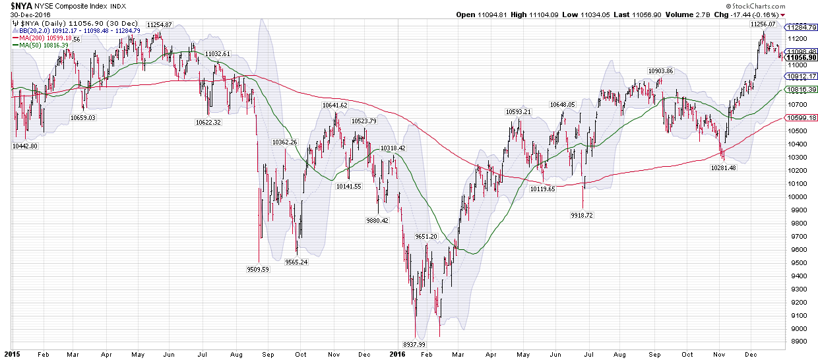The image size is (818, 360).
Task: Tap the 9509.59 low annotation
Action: coord(258,268)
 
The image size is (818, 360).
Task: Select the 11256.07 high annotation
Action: coord(763,24)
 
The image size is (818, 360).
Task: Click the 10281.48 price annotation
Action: coord(723,167)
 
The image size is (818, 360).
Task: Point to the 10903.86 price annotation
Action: coord(660,71)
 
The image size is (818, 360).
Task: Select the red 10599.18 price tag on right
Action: coord(800,118)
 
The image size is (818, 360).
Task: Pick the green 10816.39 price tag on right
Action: coord(800,90)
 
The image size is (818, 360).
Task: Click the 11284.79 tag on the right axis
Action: coord(800,28)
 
